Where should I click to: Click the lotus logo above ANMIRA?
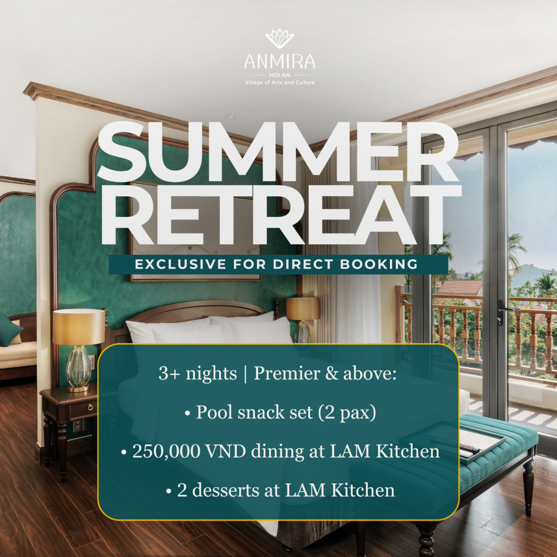pyautogui.click(x=279, y=39)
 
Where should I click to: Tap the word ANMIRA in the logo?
pyautogui.click(x=279, y=61)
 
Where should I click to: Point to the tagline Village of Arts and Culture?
pyautogui.click(x=279, y=83)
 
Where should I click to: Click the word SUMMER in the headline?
pyautogui.click(x=278, y=153)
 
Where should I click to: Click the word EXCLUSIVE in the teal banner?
pyautogui.click(x=181, y=265)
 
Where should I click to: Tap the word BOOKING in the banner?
pyautogui.click(x=379, y=265)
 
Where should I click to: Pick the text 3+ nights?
pyautogui.click(x=198, y=374)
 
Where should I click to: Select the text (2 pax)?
pyautogui.click(x=347, y=412)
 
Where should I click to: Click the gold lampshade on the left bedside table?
pyautogui.click(x=78, y=327)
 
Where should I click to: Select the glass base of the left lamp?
pyautogui.click(x=78, y=367)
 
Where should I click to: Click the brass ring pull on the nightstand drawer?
pyautogui.click(x=91, y=408)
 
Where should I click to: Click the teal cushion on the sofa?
pyautogui.click(x=10, y=330)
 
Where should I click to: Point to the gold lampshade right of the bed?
pyautogui.click(x=303, y=309)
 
